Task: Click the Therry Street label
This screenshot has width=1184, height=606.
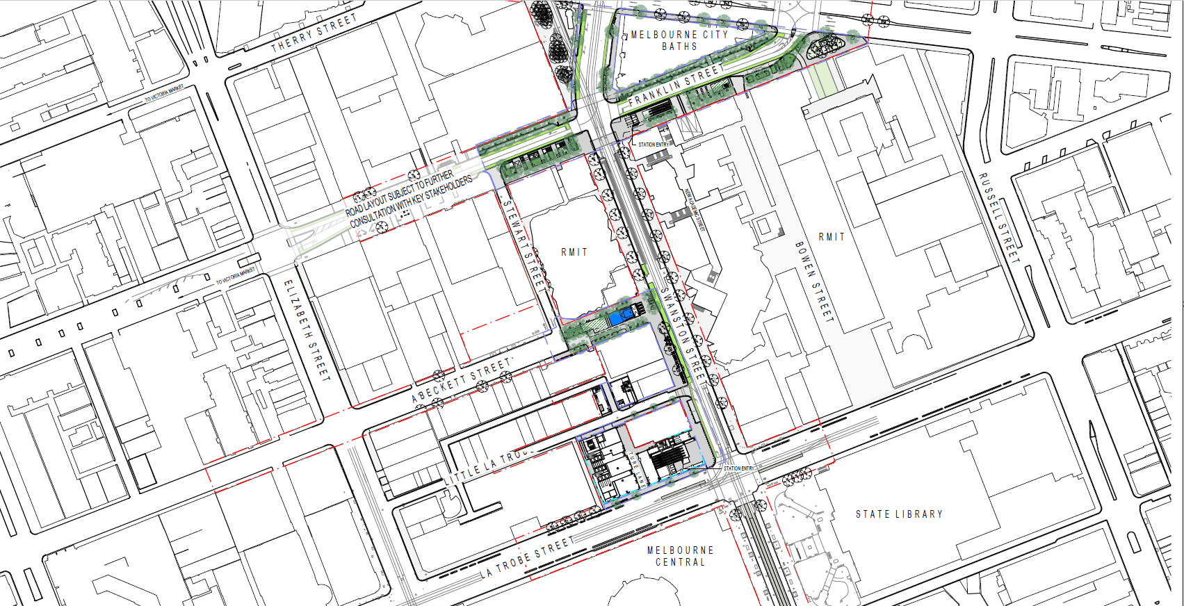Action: [x=314, y=33]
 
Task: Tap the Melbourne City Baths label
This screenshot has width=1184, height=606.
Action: [x=679, y=40]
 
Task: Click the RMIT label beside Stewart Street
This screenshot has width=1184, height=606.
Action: [x=574, y=252]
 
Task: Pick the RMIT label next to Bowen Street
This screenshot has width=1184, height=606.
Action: [x=832, y=237]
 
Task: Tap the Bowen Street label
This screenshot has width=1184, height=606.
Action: [x=814, y=281]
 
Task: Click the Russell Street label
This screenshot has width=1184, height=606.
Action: [x=999, y=218]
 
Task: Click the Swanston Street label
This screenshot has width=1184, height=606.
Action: [x=683, y=334]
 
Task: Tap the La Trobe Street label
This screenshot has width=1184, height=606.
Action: [x=528, y=557]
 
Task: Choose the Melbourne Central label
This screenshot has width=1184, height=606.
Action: [x=680, y=556]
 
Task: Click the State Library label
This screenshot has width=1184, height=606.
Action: [x=899, y=514]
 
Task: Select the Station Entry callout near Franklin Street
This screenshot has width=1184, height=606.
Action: [x=652, y=145]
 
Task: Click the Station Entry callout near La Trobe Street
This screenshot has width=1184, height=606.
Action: [x=738, y=468]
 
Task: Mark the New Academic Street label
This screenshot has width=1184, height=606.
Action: [x=695, y=209]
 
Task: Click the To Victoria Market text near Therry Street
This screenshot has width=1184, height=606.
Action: [x=164, y=94]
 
